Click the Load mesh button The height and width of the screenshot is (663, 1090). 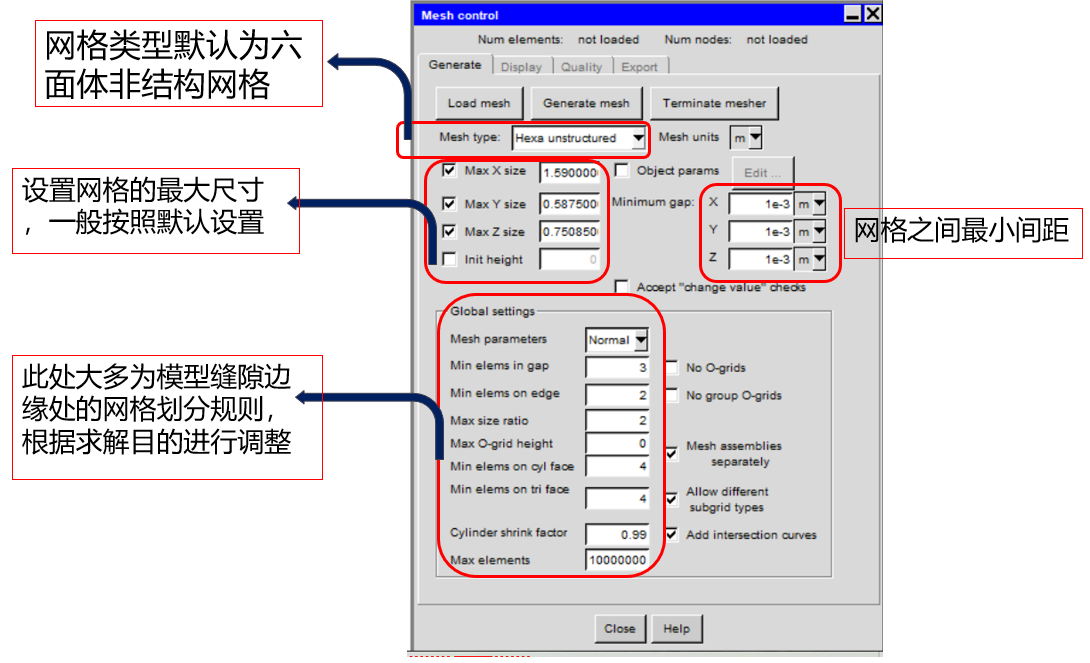[x=479, y=103]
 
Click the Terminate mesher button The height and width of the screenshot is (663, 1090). [x=714, y=103]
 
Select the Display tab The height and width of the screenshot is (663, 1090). [x=521, y=67]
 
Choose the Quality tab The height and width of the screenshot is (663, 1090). [x=581, y=67]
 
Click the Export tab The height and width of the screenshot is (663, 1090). [x=640, y=67]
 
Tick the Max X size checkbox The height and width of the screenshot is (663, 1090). [x=449, y=170]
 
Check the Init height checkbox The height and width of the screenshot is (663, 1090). [x=449, y=259]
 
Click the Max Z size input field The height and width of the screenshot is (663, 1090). [x=569, y=231]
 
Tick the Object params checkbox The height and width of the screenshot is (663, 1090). [x=621, y=170]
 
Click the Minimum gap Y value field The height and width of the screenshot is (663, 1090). [x=760, y=231]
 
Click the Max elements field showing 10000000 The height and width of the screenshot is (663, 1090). [x=617, y=560]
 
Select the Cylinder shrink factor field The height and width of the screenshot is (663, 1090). [x=617, y=534]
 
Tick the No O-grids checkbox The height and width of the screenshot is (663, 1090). [x=672, y=368]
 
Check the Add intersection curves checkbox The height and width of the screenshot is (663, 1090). [x=672, y=534]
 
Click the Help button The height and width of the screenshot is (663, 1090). [x=676, y=629]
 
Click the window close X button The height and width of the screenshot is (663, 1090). [x=872, y=14]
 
